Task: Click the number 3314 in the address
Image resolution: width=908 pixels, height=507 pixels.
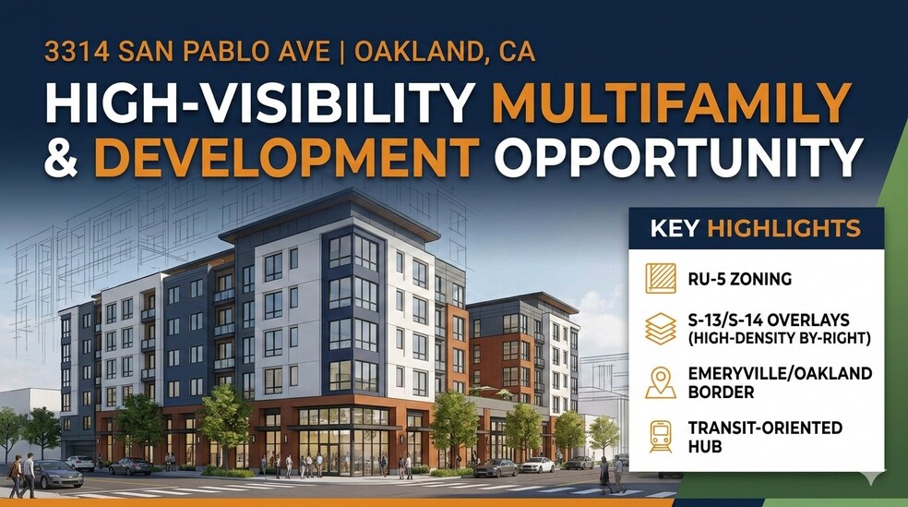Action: click(x=75, y=52)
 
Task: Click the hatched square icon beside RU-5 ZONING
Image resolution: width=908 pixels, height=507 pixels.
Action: click(x=660, y=278)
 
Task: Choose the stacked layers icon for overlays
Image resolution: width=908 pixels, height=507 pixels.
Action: click(x=660, y=329)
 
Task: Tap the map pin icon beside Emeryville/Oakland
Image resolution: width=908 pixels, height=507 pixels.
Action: click(x=660, y=381)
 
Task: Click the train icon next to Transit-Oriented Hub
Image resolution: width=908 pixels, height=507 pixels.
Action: click(x=660, y=435)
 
